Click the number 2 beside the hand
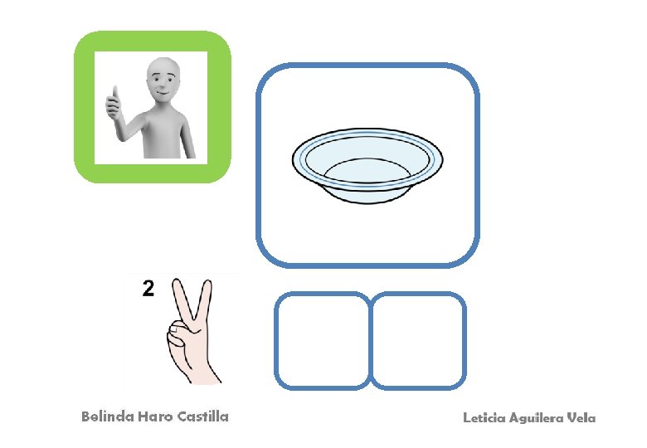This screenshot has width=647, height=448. tap(148, 289)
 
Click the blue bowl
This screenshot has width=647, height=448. tap(367, 165)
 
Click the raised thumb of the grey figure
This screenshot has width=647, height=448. tap(115, 93)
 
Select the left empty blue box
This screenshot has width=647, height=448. tap(323, 341)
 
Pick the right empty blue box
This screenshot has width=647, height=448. tap(418, 341)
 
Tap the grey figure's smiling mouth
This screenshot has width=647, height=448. tap(162, 93)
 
